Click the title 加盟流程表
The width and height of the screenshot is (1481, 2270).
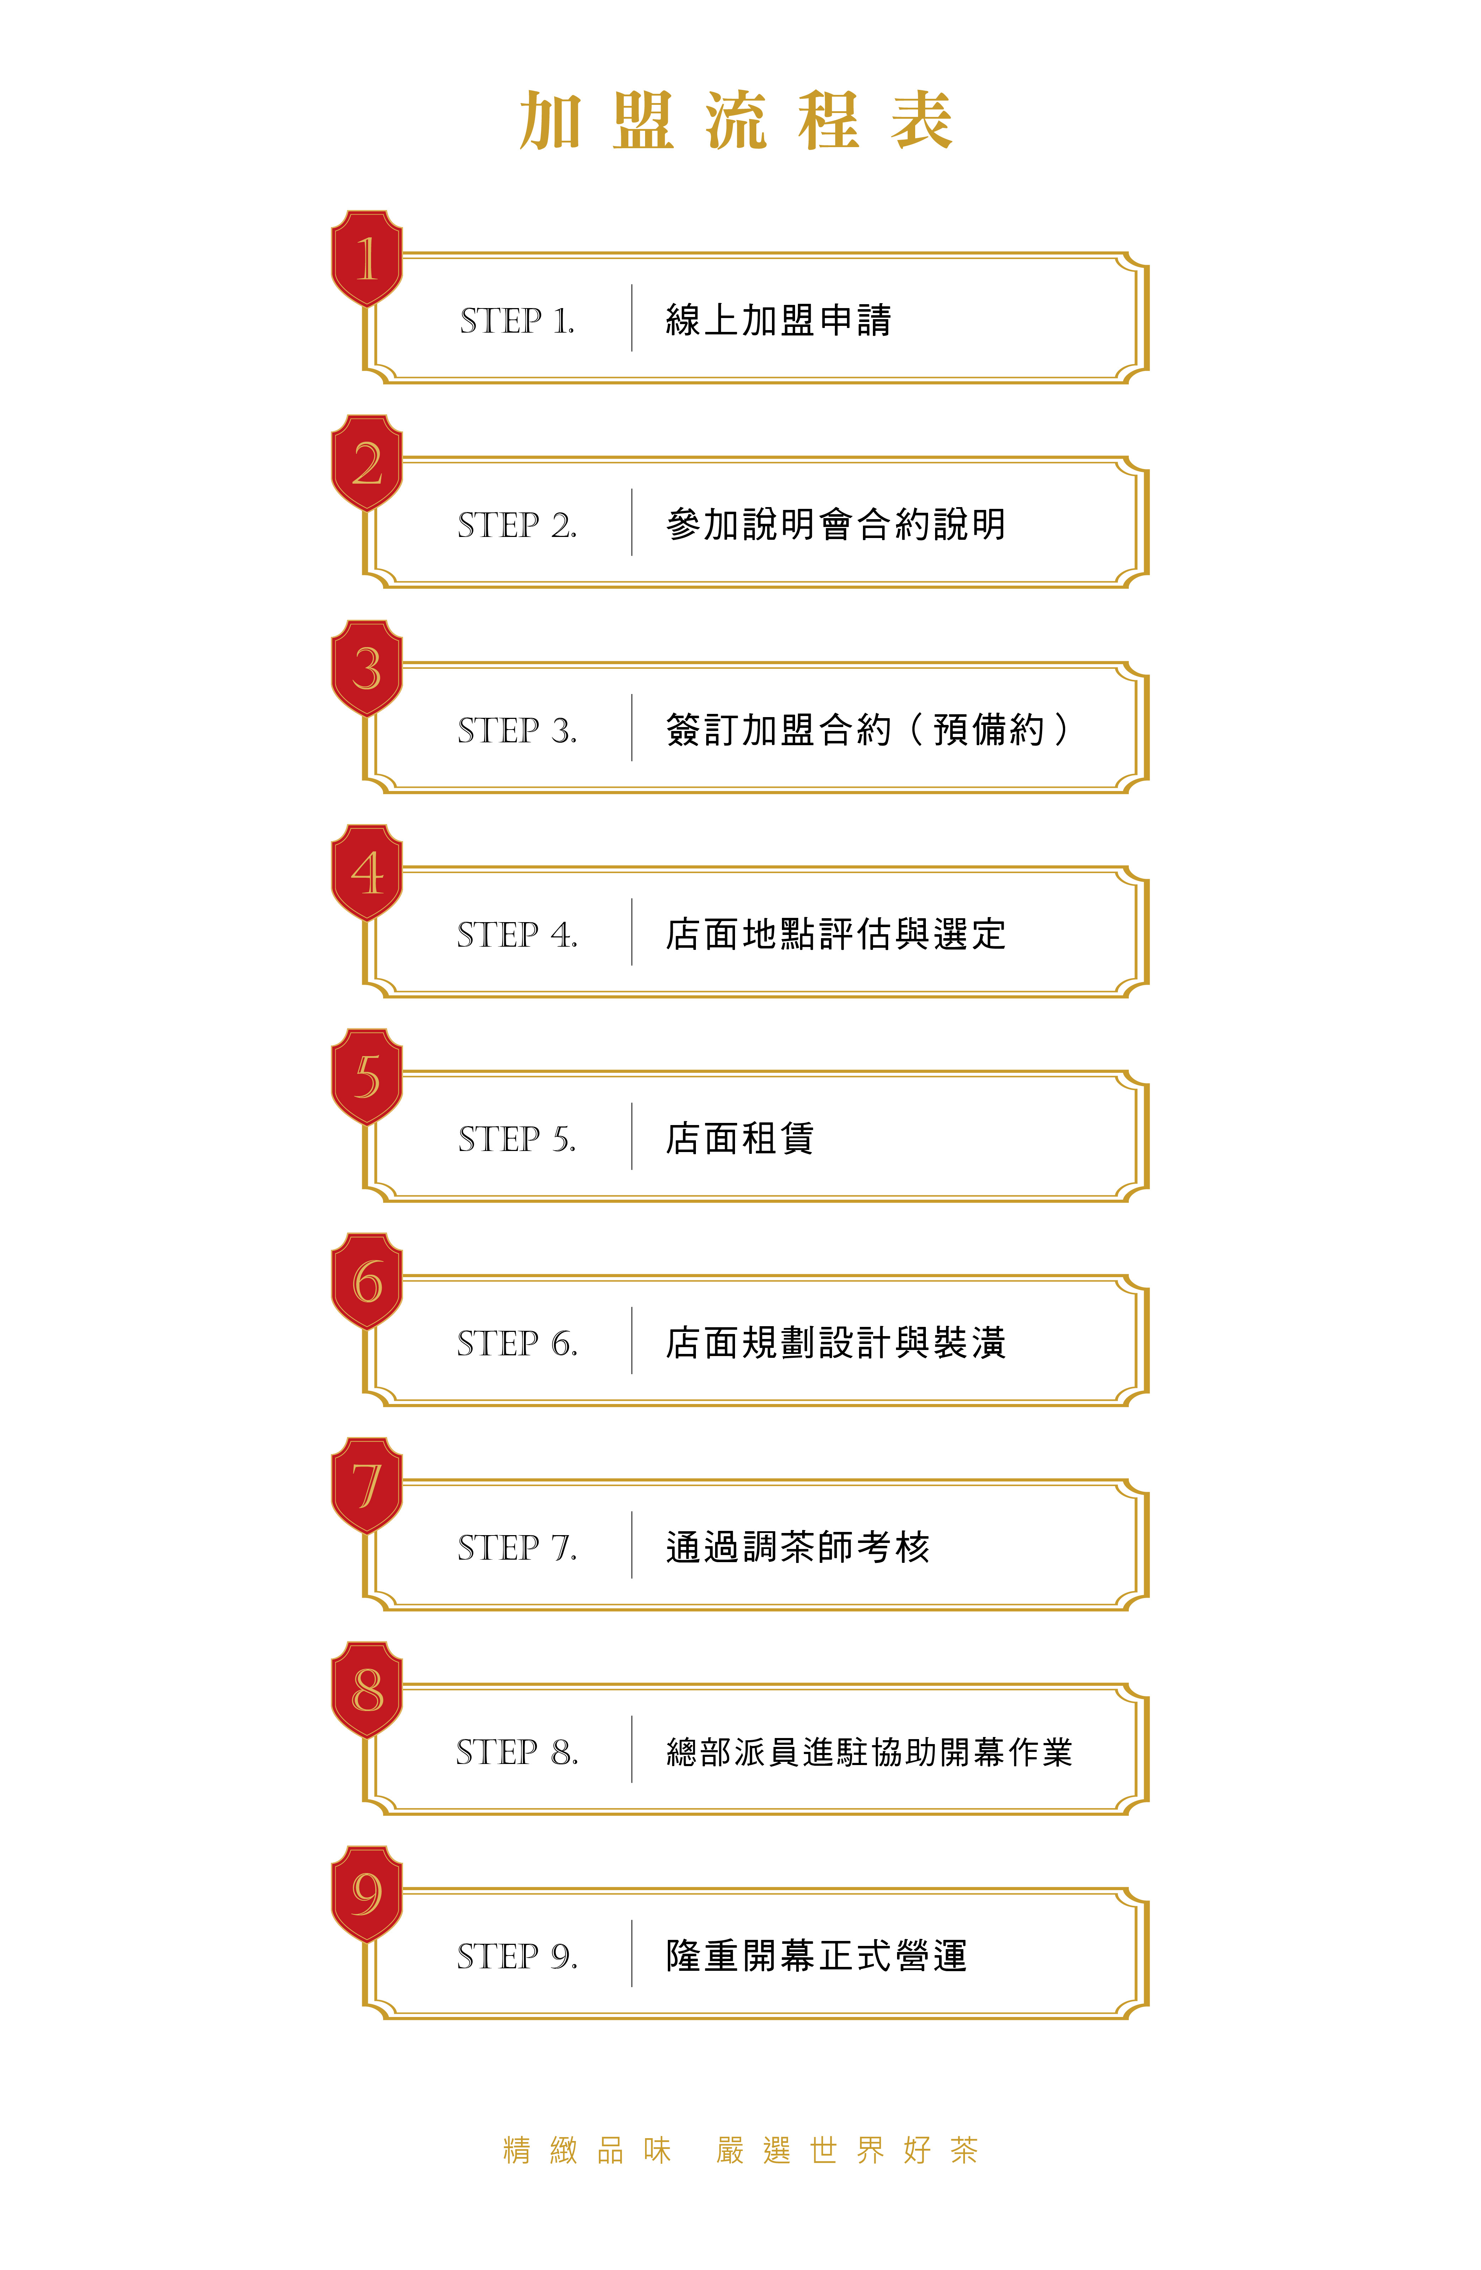click(735, 121)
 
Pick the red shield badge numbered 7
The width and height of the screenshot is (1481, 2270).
click(367, 1486)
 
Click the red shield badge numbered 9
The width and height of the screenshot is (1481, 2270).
click(367, 1894)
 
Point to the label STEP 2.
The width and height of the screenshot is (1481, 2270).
click(517, 525)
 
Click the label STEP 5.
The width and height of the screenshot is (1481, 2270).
click(517, 1139)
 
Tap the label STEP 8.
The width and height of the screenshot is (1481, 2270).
click(517, 1752)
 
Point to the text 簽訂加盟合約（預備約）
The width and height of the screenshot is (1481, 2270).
click(868, 730)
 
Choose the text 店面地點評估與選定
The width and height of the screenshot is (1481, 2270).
click(835, 934)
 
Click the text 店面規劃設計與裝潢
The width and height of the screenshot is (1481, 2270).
click(835, 1343)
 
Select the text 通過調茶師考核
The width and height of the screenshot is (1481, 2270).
click(797, 1547)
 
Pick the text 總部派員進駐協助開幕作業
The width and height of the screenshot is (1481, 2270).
click(869, 1752)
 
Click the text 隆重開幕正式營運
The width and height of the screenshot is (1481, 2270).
click(816, 1956)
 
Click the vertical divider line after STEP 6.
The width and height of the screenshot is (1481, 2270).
click(631, 1341)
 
